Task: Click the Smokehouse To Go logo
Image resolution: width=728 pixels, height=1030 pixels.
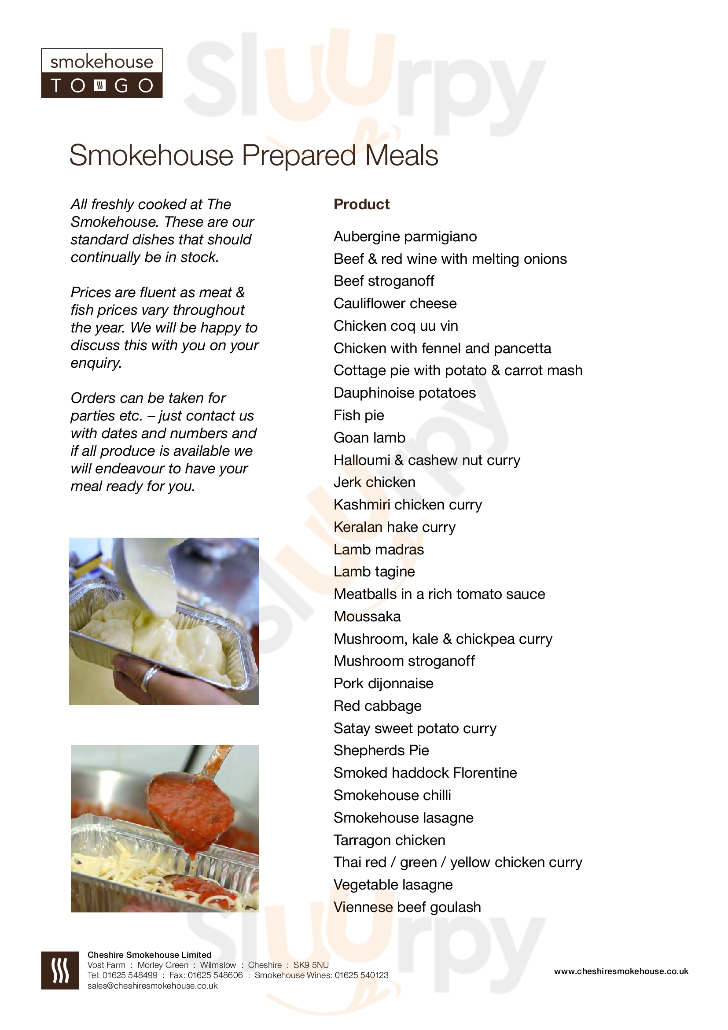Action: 102,73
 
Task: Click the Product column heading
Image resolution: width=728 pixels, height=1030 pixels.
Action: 361,205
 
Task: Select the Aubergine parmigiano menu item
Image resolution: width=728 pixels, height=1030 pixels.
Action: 405,236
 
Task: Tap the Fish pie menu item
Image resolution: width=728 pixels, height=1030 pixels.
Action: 359,415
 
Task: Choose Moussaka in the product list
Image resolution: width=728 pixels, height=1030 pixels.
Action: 367,617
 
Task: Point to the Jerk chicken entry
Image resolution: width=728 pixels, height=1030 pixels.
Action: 374,482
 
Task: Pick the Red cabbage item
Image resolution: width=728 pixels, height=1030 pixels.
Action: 378,706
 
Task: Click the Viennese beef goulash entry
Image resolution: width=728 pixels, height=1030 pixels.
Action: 407,907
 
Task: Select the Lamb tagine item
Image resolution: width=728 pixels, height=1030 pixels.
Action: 374,572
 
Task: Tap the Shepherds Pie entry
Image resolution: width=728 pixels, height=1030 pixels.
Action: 381,750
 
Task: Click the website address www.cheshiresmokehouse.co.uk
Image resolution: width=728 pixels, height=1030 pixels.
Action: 621,971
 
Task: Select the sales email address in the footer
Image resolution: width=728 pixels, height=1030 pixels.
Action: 152,986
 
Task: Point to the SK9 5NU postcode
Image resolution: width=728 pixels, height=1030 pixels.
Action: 311,965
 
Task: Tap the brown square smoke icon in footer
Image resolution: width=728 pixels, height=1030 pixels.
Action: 60,971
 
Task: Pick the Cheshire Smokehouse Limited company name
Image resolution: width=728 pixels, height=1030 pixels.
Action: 149,955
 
